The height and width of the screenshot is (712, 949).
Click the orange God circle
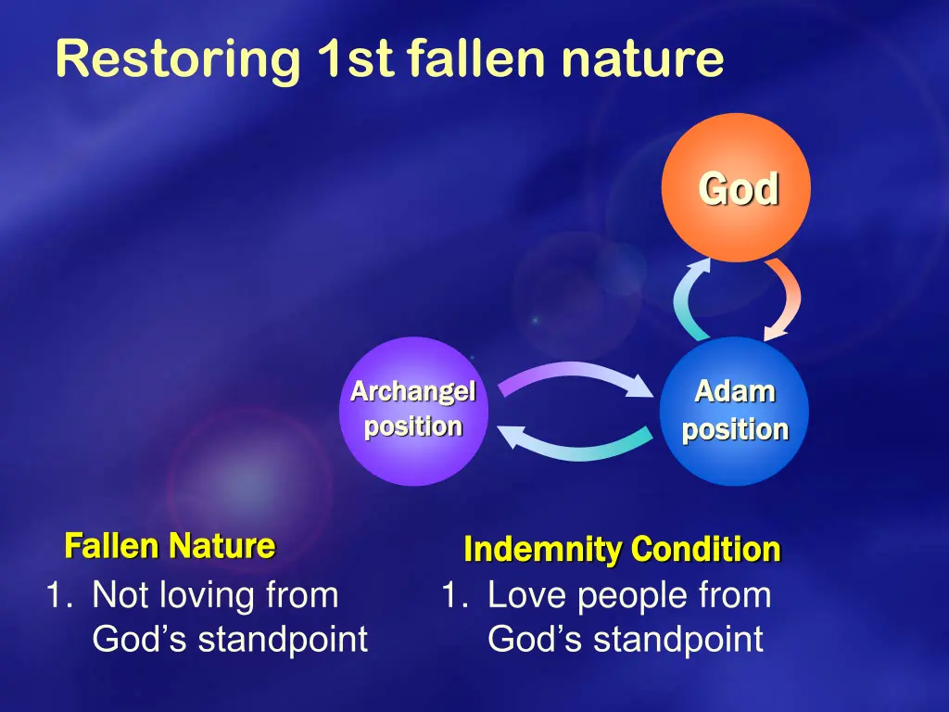click(x=736, y=187)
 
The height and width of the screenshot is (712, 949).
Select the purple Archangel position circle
click(x=414, y=411)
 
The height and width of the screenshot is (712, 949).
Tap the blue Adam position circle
click(x=734, y=411)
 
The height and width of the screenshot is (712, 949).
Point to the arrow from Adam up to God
click(x=683, y=299)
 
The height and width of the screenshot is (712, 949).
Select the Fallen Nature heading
click(x=170, y=545)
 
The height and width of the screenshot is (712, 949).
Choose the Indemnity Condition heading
click(x=622, y=549)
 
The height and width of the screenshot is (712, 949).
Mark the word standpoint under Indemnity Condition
click(x=677, y=640)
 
